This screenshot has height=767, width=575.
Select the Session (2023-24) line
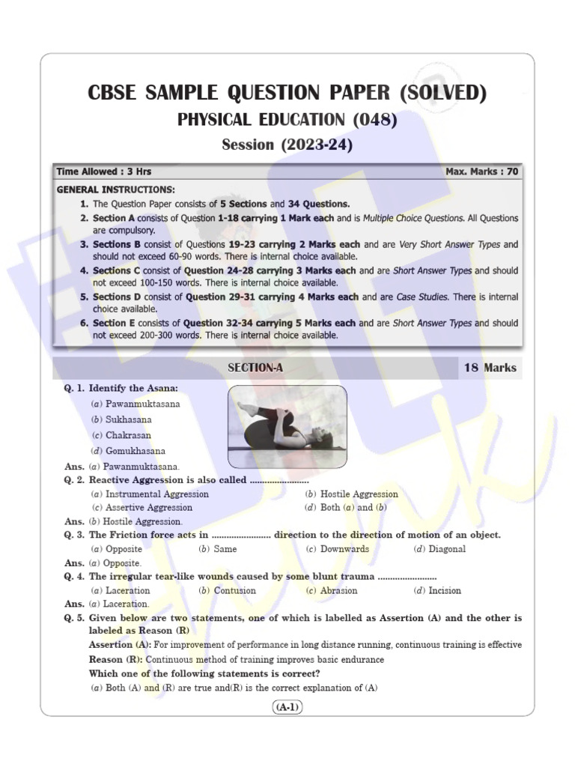287,145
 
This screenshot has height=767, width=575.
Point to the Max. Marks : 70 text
481,172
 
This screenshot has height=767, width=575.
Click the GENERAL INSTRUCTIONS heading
116,190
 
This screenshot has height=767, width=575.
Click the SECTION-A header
255,368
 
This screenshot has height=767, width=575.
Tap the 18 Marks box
490,368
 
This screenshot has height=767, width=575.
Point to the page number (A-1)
287,707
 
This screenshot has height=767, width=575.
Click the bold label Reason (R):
116,659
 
